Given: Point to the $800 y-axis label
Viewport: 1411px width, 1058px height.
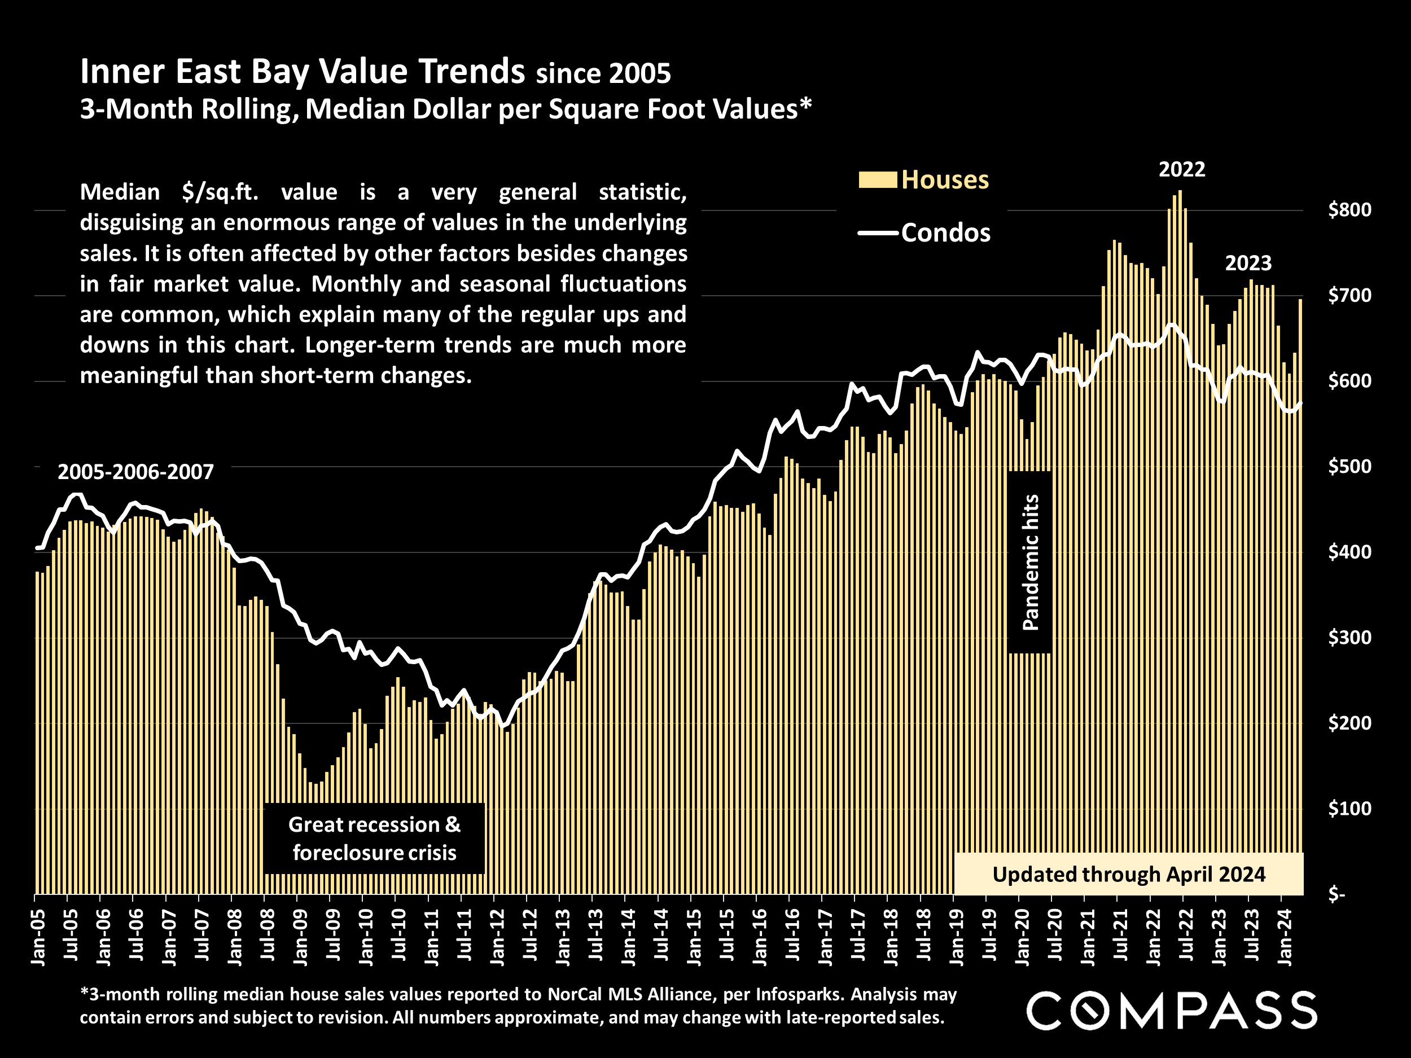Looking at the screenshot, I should coord(1349,210).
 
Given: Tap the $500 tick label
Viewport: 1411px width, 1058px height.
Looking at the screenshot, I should coord(1349,467).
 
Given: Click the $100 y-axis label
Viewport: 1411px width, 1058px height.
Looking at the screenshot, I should coord(1349,809).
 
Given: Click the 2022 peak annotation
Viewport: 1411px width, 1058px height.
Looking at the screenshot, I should coord(1181,170).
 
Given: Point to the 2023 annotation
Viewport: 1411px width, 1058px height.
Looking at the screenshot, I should coord(1248,264).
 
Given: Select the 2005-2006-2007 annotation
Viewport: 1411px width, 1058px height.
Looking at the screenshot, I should coord(135,472).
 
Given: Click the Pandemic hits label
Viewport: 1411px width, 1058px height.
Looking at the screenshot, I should coord(1030,562).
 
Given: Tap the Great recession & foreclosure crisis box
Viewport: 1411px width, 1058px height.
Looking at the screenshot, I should coord(374,839).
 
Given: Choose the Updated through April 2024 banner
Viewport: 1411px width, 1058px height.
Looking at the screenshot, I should coord(1128,875).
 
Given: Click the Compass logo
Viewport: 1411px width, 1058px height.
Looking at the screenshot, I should coord(1171,1010).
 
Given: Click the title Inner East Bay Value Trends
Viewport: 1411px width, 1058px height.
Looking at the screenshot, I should coord(303,72).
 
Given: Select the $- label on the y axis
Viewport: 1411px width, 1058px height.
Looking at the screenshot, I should coord(1336,895).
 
